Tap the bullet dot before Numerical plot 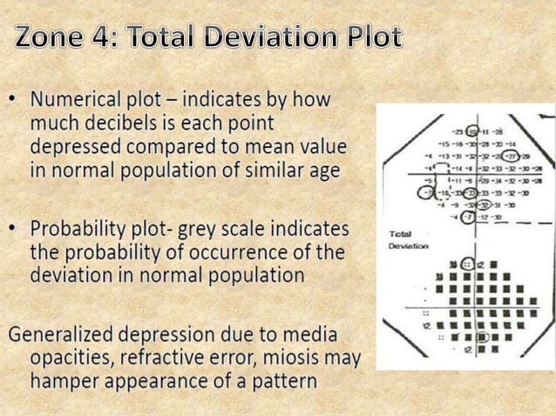click(x=15, y=100)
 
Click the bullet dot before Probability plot click(x=15, y=231)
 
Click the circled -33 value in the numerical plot click(x=469, y=191)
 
